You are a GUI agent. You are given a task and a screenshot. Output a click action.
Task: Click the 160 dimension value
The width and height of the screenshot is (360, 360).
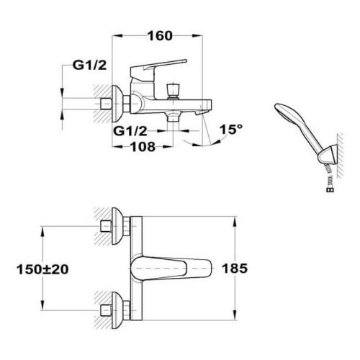[x=160, y=36]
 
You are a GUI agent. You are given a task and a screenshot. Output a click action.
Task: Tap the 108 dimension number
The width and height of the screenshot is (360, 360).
[x=143, y=146]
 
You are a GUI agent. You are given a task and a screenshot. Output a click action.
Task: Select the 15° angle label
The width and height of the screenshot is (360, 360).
[x=231, y=130]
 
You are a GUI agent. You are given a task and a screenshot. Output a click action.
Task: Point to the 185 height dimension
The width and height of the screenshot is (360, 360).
[x=235, y=269]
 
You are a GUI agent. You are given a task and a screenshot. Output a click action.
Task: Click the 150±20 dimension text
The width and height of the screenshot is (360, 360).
[x=42, y=269]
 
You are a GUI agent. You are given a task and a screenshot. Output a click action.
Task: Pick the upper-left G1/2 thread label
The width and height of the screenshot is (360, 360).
[x=89, y=65]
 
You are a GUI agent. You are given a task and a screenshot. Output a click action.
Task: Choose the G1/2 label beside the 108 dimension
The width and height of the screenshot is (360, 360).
[x=130, y=131]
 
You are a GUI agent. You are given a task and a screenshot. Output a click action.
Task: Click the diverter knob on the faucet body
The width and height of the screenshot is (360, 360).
[x=174, y=91]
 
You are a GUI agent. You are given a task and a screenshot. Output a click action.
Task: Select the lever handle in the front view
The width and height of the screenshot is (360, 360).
[x=171, y=269]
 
